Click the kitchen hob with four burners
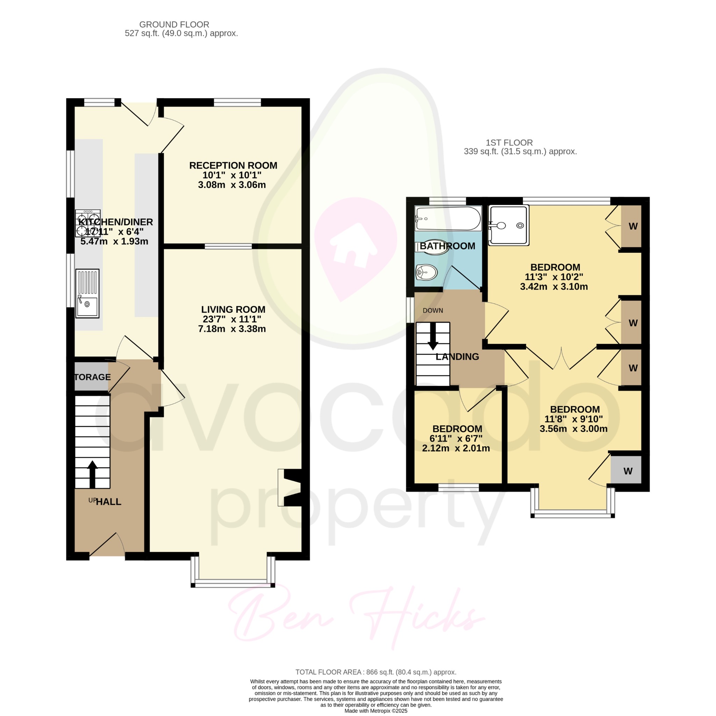click(x=88, y=223)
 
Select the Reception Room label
click(x=233, y=166)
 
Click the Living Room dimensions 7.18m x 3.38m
click(x=232, y=329)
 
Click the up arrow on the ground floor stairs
click(x=92, y=474)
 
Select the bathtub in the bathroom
click(x=448, y=219)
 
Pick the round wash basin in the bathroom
click(x=426, y=272)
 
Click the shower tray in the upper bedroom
click(x=509, y=225)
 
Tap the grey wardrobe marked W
click(x=626, y=471)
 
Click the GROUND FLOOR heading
click(x=174, y=24)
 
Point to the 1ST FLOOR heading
click(x=509, y=143)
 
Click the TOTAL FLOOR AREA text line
click(x=376, y=672)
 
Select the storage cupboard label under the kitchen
click(x=92, y=377)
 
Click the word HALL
click(x=108, y=502)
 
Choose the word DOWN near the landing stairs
click(x=433, y=310)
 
